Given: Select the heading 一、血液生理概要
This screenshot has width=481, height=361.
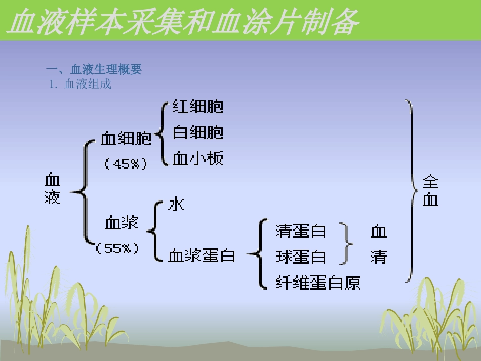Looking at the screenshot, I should [94, 70].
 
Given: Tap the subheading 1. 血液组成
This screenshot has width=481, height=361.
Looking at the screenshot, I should [81, 84].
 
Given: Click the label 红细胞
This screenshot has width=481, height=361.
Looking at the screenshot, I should [197, 107].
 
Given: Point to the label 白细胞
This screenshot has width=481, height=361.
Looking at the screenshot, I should [197, 133].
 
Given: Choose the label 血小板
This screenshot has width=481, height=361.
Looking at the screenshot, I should [197, 158].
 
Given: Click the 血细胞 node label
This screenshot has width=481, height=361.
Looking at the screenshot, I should [126, 138].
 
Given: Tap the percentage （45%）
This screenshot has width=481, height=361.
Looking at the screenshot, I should [125, 164].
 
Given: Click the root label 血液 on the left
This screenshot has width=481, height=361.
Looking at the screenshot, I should [52, 188].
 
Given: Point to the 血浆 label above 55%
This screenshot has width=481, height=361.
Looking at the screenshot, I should [122, 222].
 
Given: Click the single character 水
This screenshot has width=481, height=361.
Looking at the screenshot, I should [176, 204].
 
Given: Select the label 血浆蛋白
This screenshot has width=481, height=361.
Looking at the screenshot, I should [202, 256].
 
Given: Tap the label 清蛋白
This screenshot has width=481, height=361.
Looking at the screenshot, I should [300, 231].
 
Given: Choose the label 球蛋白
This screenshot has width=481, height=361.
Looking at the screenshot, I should [300, 257].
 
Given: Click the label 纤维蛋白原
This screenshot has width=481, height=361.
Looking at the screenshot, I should [318, 282].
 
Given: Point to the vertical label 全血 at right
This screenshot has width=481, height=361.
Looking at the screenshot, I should [430, 191].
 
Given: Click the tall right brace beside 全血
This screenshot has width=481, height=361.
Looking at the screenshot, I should [411, 191].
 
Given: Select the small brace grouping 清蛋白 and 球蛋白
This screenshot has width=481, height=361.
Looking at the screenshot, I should [347, 244].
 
